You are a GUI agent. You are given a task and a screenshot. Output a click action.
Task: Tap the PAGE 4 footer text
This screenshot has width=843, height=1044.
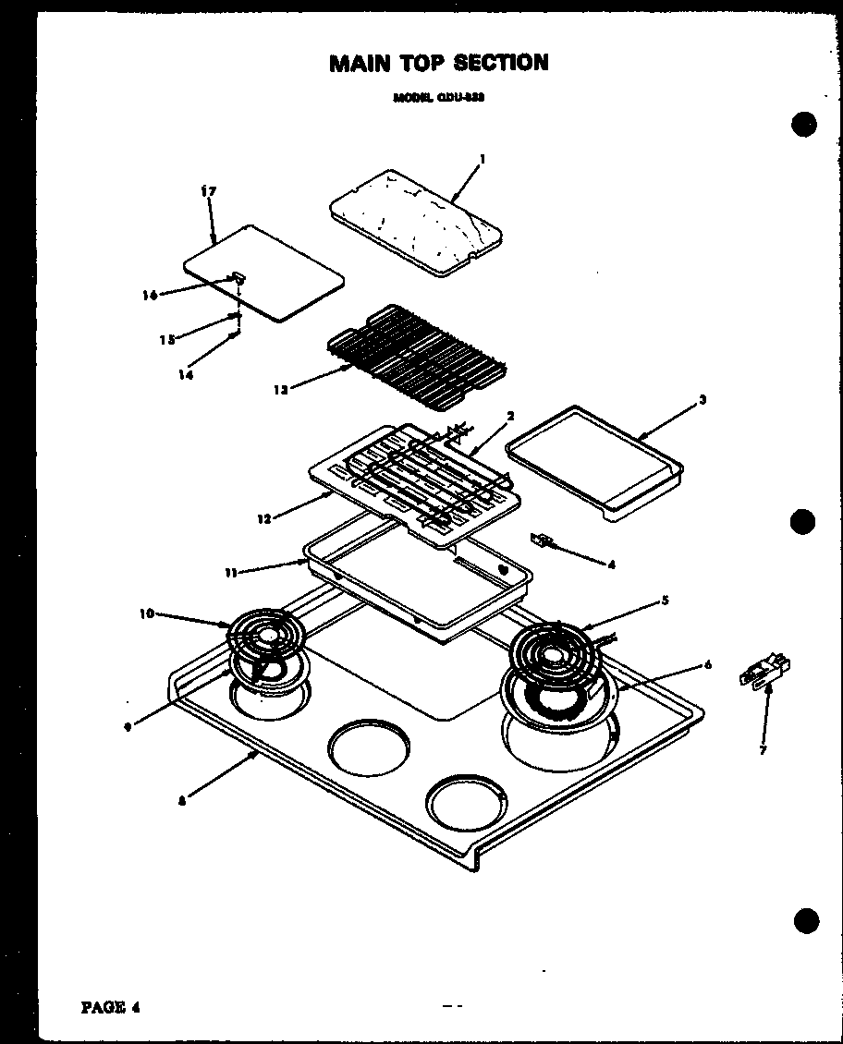tap(111, 1006)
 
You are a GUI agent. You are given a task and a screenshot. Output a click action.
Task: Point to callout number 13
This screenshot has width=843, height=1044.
tap(280, 390)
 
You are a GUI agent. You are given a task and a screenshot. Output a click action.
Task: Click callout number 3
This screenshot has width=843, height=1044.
tap(702, 399)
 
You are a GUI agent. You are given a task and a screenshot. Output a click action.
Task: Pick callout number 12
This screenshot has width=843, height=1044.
tap(263, 519)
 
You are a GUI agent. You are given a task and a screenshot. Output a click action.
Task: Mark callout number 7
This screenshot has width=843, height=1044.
tap(763, 750)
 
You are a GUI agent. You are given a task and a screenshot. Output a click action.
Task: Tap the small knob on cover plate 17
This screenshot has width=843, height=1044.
tap(238, 275)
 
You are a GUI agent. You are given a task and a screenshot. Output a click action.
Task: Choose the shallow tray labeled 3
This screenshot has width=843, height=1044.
tap(593, 460)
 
